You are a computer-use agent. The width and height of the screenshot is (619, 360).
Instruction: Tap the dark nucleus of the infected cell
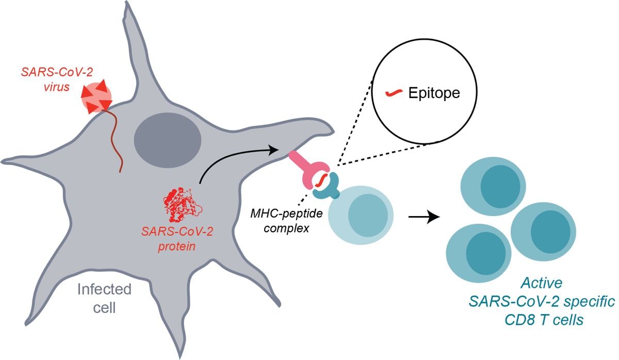168,140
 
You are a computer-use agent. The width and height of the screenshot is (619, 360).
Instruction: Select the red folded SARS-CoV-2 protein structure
183,205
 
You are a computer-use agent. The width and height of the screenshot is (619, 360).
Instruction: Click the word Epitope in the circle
434,93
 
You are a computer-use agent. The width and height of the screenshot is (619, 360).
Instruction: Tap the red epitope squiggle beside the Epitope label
394,93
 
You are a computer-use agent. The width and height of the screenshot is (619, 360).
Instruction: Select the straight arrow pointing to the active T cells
424,217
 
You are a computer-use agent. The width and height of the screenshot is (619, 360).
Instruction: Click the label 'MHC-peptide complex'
286,221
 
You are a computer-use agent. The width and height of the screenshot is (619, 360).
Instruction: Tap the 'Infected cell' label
104,299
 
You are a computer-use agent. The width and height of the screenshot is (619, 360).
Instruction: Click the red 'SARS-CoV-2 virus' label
57,80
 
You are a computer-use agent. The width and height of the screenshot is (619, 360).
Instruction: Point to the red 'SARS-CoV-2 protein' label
177,239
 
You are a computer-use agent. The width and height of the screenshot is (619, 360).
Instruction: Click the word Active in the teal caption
541,283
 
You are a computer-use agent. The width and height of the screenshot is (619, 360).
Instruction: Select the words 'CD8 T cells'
544,320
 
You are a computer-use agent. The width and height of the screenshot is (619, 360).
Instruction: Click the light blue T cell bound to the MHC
361,215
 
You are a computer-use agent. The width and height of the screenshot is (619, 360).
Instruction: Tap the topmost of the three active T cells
493,186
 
